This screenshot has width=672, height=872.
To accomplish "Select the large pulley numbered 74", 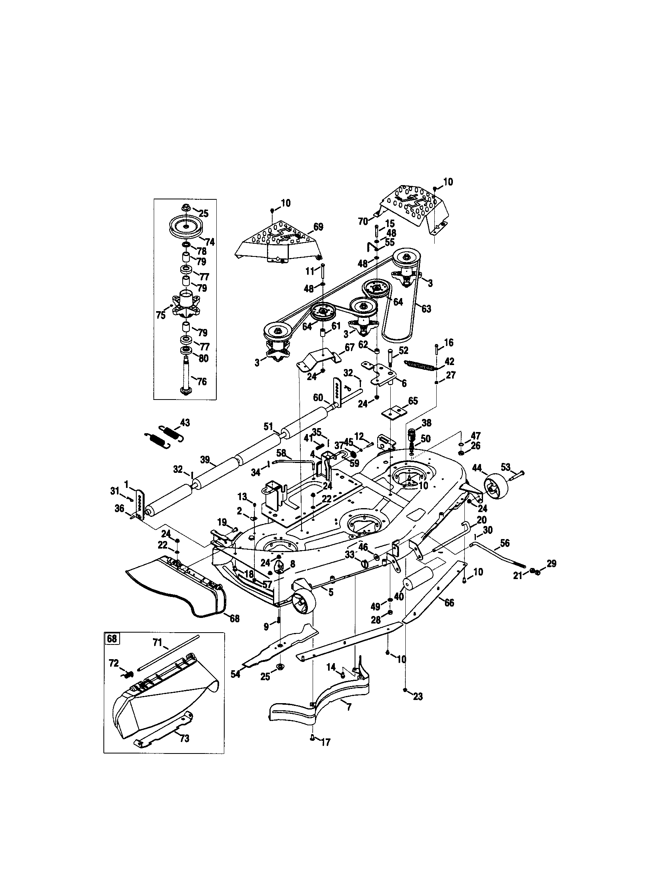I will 186,227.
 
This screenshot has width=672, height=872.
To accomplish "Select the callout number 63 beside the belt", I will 426,309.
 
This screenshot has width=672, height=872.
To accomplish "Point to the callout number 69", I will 318,227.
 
